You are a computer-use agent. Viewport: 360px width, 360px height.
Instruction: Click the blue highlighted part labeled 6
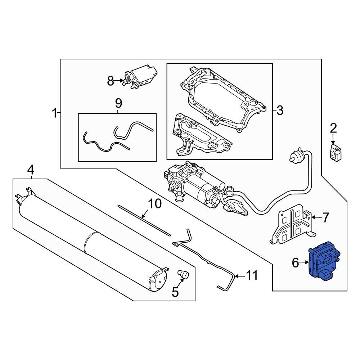click(x=324, y=261)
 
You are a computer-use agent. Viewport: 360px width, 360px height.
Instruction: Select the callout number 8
click(x=111, y=81)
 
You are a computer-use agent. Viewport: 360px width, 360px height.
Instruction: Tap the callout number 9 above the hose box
click(x=118, y=103)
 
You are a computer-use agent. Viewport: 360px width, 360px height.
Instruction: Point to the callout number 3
click(x=280, y=111)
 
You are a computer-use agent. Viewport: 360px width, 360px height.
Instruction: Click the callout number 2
click(x=333, y=128)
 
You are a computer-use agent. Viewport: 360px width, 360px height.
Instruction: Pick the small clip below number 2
click(x=336, y=152)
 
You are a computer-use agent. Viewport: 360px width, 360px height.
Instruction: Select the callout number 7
click(x=326, y=217)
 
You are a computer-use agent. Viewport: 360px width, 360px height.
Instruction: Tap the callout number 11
click(x=252, y=276)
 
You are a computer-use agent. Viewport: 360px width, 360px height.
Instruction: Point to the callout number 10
click(x=155, y=204)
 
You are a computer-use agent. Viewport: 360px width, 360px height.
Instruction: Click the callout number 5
click(x=175, y=292)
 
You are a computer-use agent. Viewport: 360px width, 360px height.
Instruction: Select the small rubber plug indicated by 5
click(x=183, y=274)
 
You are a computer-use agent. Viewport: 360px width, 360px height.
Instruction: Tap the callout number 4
click(x=31, y=170)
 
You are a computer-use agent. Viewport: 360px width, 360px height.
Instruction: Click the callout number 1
click(x=54, y=113)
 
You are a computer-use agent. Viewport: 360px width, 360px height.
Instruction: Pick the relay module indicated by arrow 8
click(x=140, y=77)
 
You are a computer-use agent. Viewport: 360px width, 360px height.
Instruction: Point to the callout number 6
click(x=295, y=263)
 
